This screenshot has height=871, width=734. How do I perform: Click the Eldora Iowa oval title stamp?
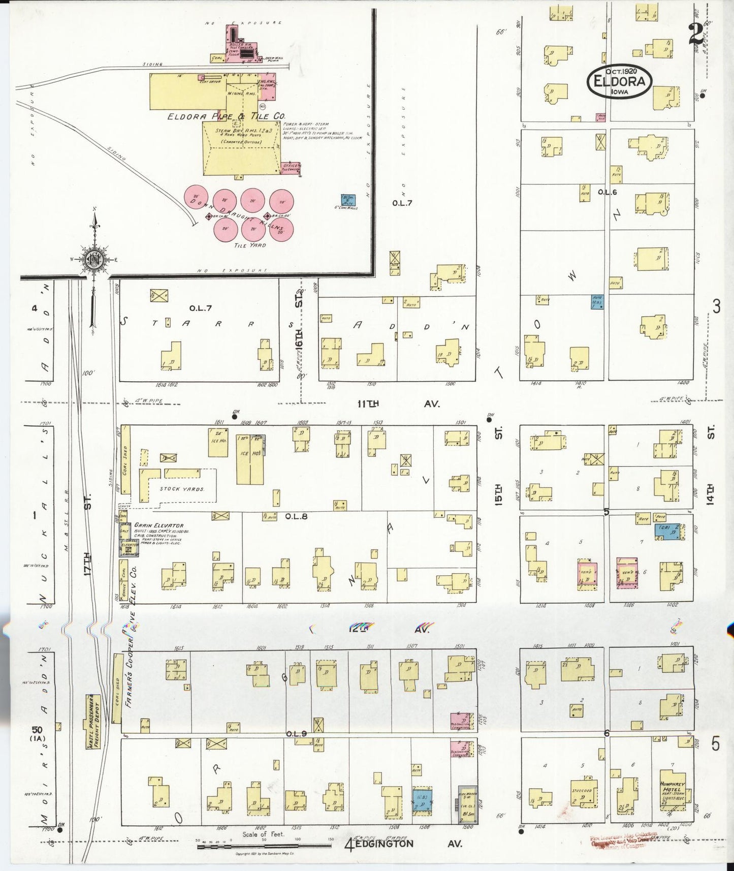pos(619,82)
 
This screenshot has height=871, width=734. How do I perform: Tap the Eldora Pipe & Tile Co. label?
pos(227,116)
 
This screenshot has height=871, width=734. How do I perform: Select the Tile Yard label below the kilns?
pos(249,245)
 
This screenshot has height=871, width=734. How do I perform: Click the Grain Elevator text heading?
pos(158,525)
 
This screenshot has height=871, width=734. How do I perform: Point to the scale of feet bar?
pos(264,846)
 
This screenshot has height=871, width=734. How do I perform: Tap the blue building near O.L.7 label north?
pos(348,200)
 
